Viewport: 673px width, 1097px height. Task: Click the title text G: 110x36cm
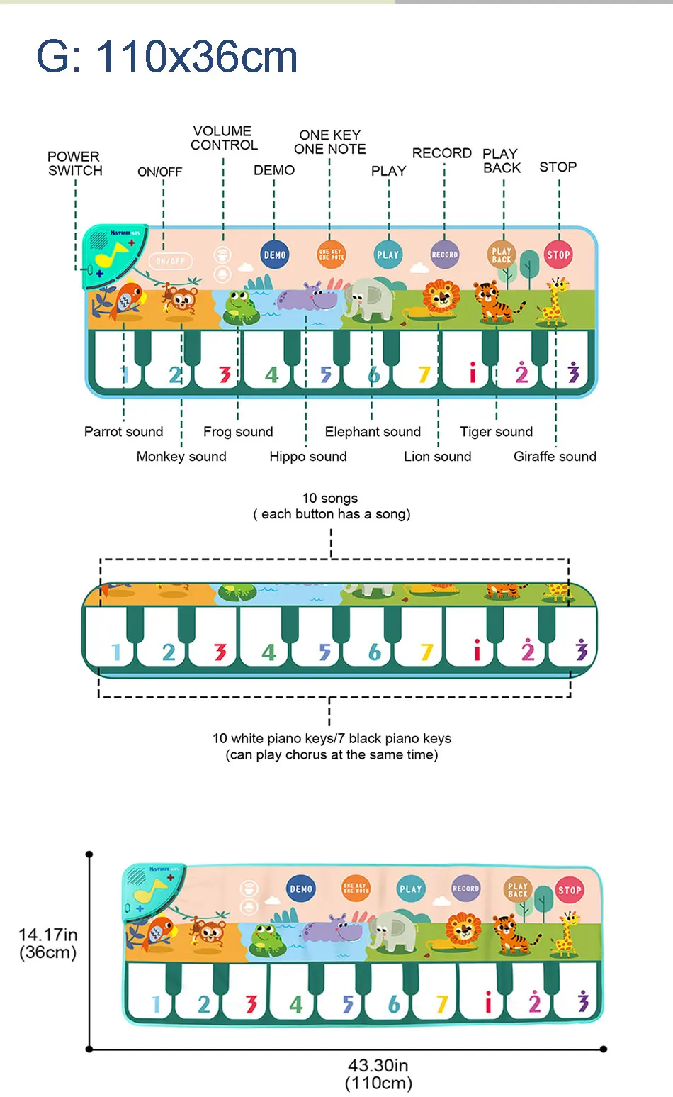click(x=166, y=57)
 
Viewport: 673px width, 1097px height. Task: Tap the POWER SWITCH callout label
click(x=74, y=164)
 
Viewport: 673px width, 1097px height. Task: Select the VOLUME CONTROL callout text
click(x=224, y=138)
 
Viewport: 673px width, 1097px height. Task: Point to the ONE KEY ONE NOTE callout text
click(x=330, y=142)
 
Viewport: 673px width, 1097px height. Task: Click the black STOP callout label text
click(x=558, y=167)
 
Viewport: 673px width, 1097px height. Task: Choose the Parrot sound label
click(x=123, y=432)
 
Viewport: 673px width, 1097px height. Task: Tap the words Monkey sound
click(x=181, y=457)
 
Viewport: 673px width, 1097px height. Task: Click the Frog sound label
click(x=238, y=432)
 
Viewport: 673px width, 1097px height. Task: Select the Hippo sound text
click(x=308, y=457)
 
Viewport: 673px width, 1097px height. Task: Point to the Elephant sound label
click(x=373, y=432)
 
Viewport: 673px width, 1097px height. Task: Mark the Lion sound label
click(x=437, y=457)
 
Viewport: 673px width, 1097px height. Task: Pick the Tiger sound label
click(x=496, y=432)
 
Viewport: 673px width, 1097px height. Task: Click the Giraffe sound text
click(x=555, y=457)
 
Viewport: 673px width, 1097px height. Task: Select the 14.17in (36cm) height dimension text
click(x=47, y=944)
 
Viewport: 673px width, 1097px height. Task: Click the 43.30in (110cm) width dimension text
click(x=378, y=1074)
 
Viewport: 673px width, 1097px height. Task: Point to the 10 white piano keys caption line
click(x=332, y=739)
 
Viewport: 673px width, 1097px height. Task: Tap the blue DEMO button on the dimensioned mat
click(x=301, y=889)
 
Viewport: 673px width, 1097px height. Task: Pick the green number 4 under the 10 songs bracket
click(x=268, y=652)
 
